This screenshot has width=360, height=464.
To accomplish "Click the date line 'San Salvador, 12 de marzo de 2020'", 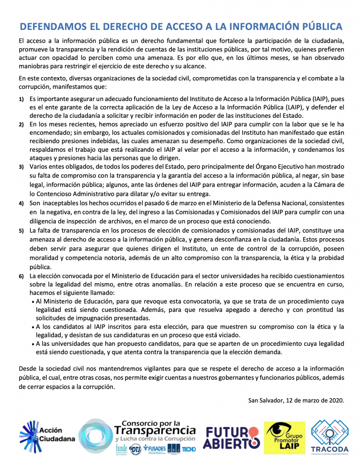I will click(296, 400).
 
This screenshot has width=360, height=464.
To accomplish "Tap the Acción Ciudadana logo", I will click(47, 435).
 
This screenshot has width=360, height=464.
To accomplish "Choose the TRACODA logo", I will click(329, 436).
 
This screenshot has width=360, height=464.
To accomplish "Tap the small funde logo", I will click(121, 448).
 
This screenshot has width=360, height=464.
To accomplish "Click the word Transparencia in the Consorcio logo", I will click(155, 430).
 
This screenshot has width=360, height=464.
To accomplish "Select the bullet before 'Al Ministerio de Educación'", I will click(33, 301).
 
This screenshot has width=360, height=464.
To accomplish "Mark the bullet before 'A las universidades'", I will click(33, 344).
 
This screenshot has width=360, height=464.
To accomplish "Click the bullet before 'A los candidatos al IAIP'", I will click(33, 327).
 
